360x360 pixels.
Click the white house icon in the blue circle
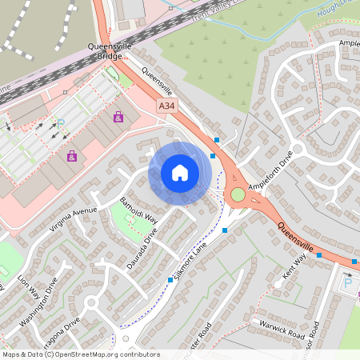[x=180, y=173]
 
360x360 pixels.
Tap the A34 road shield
[x=166, y=106]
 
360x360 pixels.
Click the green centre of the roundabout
[x=238, y=194]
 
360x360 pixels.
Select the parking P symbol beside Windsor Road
[x=348, y=282]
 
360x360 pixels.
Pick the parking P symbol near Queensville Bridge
[x=60, y=124]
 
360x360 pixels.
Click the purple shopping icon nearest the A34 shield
[x=119, y=117]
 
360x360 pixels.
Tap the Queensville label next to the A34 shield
[x=157, y=82]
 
